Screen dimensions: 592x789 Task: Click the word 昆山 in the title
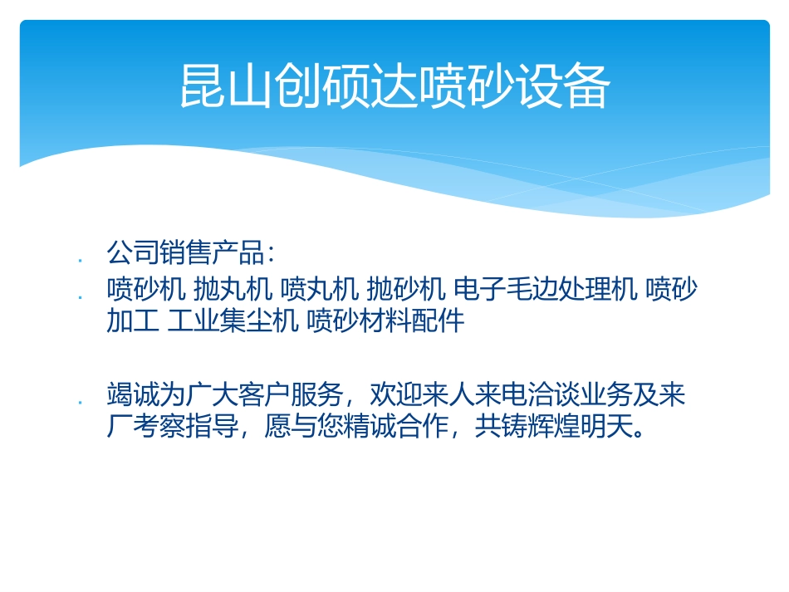pyautogui.click(x=223, y=86)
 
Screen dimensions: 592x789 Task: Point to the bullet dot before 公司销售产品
pyautogui.click(x=79, y=260)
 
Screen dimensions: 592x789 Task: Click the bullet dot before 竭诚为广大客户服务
pyautogui.click(x=79, y=402)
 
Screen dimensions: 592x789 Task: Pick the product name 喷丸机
pyautogui.click(x=320, y=290)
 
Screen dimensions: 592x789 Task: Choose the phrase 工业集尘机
pyautogui.click(x=233, y=320)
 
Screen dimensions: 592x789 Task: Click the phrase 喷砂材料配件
pyautogui.click(x=385, y=320)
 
